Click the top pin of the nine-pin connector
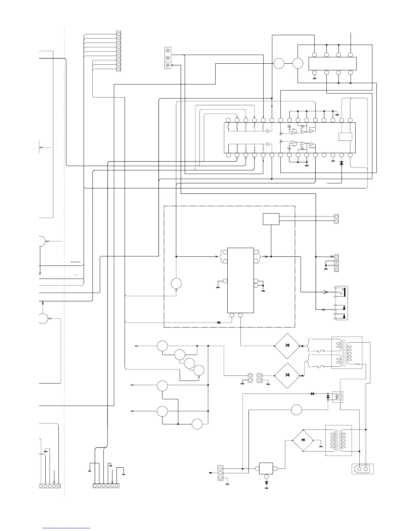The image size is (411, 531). [x=119, y=34]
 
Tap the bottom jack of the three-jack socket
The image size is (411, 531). [x=168, y=65]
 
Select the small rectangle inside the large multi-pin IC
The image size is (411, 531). [x=345, y=137]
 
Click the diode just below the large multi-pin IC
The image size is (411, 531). [x=341, y=163]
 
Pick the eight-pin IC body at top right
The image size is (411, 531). [x=332, y=64]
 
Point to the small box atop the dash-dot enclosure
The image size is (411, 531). [x=271, y=219]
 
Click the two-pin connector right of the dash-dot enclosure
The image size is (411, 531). [x=336, y=219]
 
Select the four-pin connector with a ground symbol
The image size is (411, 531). [x=336, y=263]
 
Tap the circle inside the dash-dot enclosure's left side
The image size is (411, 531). [x=176, y=283]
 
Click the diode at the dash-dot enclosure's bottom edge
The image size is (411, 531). [x=219, y=322]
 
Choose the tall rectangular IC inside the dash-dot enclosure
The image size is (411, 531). [x=240, y=280]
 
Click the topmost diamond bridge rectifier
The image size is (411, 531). [x=287, y=346]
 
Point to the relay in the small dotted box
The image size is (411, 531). [x=337, y=397]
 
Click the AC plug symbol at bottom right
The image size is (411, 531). [x=362, y=469]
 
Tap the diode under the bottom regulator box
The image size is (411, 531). [x=267, y=483]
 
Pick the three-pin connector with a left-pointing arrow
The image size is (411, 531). [x=221, y=473]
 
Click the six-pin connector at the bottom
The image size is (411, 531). [x=106, y=485]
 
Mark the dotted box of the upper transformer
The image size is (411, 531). [x=347, y=353]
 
